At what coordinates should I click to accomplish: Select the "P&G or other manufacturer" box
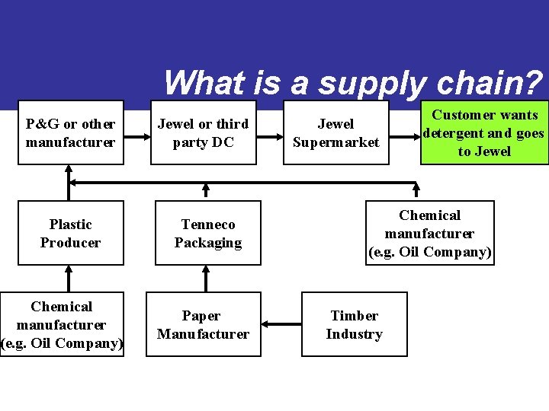tap(71, 133)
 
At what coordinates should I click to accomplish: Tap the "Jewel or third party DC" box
tap(203, 133)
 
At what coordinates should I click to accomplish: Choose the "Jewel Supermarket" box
tap(336, 133)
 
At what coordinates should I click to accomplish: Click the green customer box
tap(484, 133)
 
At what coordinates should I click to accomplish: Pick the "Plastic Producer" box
tap(71, 234)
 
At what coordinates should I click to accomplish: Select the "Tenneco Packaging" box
tap(207, 234)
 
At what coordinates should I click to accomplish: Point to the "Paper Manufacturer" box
tap(203, 325)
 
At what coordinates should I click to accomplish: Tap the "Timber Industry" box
tap(355, 325)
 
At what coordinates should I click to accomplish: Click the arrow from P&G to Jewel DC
tap(137, 138)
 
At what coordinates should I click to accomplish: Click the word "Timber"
tap(355, 316)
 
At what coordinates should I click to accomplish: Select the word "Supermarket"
tap(336, 142)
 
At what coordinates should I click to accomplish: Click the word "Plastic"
tap(71, 225)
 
